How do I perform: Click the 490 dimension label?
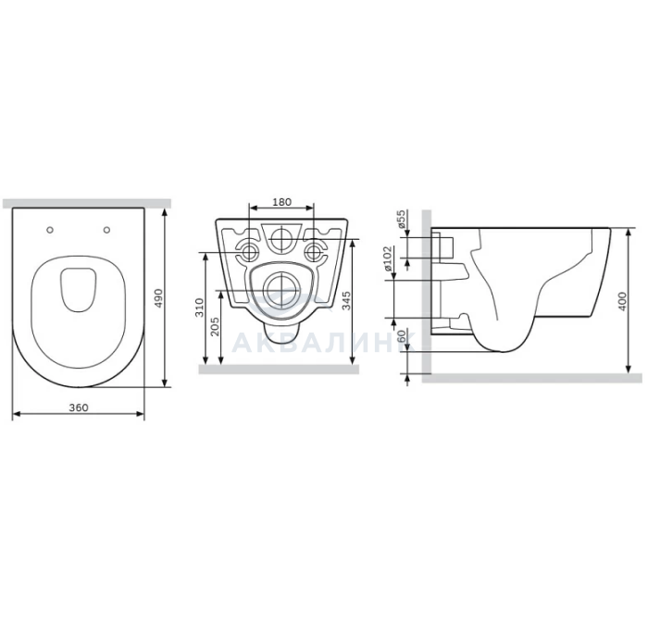(x=158, y=297)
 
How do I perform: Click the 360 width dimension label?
(x=79, y=408)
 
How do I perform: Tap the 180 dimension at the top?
(x=282, y=202)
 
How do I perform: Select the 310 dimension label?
(x=200, y=308)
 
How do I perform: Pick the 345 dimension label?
(x=346, y=301)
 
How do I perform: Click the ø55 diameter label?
(x=401, y=220)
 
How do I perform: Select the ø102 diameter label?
(x=388, y=258)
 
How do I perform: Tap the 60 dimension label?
(x=401, y=336)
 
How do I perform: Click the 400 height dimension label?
(x=622, y=301)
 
